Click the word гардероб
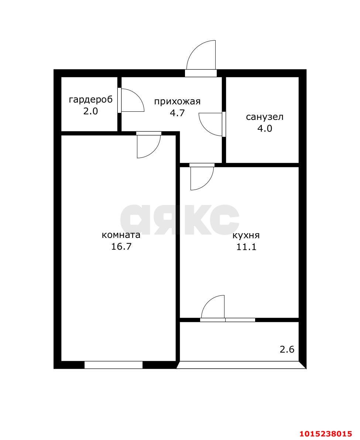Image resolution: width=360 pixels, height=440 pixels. tap(91, 100)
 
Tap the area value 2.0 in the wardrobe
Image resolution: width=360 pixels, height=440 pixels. tap(90, 111)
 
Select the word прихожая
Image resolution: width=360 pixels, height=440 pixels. tap(177, 101)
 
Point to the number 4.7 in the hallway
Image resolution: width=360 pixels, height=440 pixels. tap(177, 113)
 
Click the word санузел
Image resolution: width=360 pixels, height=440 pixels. tap(265, 117)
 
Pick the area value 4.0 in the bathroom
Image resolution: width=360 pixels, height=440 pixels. tap(265, 128)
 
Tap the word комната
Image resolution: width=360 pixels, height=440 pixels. tap(121, 235)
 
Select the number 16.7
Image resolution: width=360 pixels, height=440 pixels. tap(121, 247)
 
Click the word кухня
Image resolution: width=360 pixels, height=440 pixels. tap(246, 235)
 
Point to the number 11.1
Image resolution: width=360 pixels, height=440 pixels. tap(247, 247)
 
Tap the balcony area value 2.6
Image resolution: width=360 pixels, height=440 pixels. tap(287, 349)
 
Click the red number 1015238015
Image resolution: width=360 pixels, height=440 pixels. tap(326, 434)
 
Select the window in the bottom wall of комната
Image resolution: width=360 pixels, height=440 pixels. tap(113, 365)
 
